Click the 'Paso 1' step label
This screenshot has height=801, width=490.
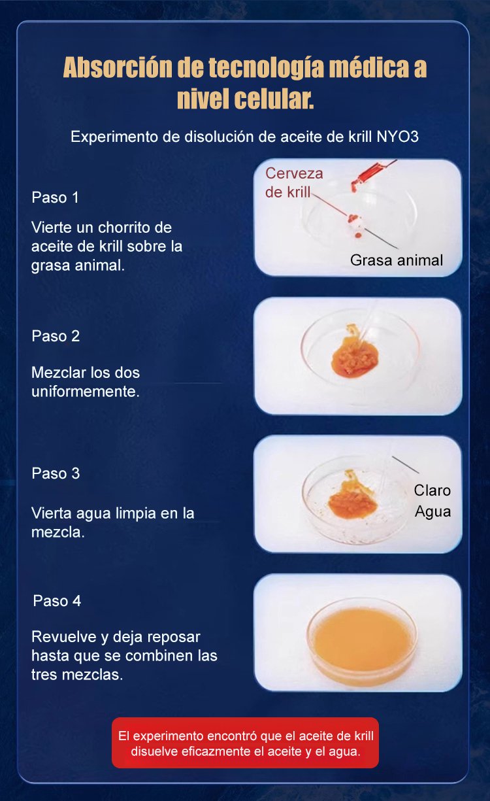(x=55, y=197)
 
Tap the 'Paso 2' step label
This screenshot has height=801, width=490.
(x=56, y=336)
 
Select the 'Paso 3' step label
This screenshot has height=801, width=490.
(x=56, y=473)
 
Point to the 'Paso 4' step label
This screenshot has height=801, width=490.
(x=57, y=601)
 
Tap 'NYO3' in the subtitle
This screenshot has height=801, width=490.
(x=397, y=137)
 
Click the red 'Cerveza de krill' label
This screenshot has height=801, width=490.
(x=294, y=182)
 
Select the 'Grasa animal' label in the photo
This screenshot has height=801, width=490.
(x=397, y=260)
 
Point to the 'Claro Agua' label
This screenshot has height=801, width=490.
(x=433, y=501)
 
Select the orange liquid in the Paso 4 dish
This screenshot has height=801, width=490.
(x=362, y=640)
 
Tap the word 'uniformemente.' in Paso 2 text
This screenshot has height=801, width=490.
(x=86, y=392)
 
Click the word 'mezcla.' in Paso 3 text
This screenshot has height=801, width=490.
(x=58, y=532)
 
